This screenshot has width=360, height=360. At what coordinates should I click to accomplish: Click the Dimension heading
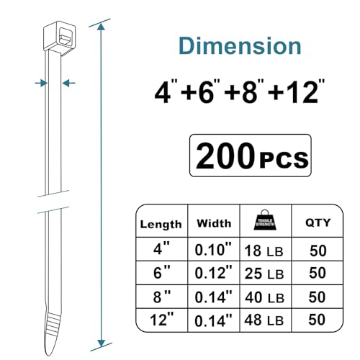(x=240, y=45)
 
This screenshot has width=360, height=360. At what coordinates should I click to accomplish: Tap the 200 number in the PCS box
(x=225, y=156)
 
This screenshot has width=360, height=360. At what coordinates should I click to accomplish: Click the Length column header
(x=161, y=225)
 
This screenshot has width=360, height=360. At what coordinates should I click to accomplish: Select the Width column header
(x=214, y=223)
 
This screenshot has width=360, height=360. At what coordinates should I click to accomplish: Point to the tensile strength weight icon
(x=265, y=220)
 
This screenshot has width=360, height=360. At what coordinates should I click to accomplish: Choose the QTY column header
(x=318, y=222)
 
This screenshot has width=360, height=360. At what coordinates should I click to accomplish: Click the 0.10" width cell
(x=213, y=250)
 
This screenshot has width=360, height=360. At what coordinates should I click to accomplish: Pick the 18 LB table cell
(x=264, y=251)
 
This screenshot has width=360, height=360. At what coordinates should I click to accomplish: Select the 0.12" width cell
(x=213, y=272)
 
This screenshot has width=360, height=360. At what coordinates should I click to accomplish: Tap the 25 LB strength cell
(x=264, y=274)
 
